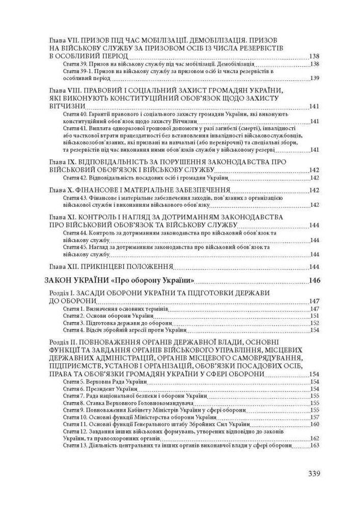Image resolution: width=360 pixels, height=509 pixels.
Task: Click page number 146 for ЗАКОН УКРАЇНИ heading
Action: tap(314, 280)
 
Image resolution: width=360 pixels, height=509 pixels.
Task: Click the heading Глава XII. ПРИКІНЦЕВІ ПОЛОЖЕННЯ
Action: tap(112, 266)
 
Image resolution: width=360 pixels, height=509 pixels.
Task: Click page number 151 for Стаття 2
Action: tap(314, 316)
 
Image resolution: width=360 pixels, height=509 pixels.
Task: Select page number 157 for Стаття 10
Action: tap(314, 417)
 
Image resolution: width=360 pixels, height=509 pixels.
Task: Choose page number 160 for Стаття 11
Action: tap(314, 424)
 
